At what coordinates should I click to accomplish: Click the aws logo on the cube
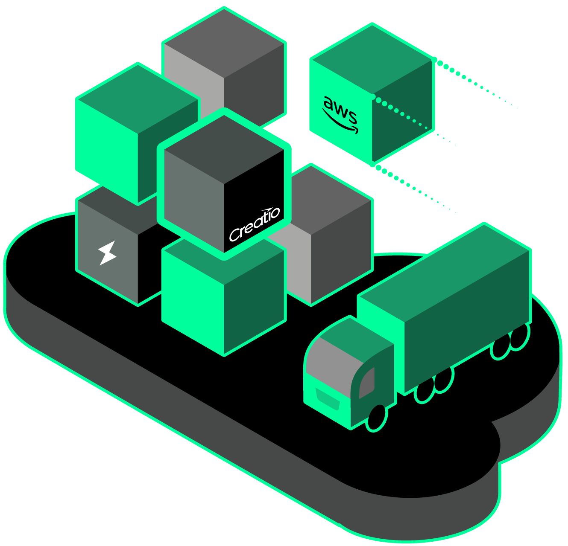pos(340,115)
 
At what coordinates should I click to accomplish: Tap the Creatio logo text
pos(255,224)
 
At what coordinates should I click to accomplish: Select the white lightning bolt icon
pos(107,253)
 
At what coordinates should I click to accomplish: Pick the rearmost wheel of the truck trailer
pos(519,337)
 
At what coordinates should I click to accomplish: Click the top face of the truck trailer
pos(444,273)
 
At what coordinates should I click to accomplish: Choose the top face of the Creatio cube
pos(224,149)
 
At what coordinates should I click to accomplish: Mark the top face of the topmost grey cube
pos(224,43)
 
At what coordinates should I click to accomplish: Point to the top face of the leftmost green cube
pos(138,98)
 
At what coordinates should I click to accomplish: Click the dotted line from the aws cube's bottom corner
pos(414,188)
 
